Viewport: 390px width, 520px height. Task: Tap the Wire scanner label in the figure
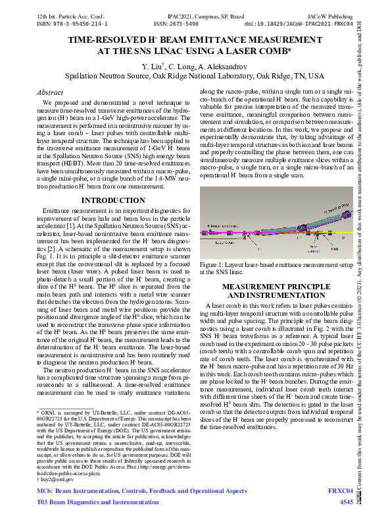pyautogui.click(x=313, y=250)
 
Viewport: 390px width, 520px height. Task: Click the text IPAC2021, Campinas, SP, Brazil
pyautogui.click(x=194, y=13)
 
